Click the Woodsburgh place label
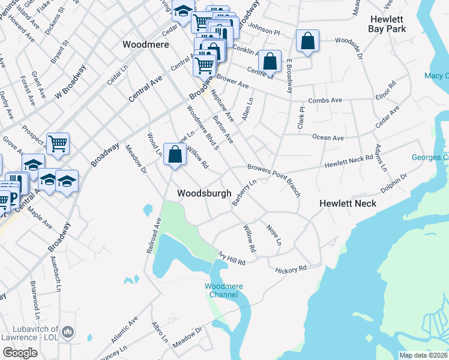[x=204, y=193]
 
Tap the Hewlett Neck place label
[x=348, y=203]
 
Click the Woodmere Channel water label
[x=221, y=290]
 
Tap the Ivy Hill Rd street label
[x=232, y=260]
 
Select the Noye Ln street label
[x=274, y=233]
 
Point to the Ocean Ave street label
[x=328, y=138]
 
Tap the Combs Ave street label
[x=325, y=100]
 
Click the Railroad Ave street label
[x=154, y=235]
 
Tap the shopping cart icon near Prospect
[x=58, y=143]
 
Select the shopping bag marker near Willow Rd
[x=174, y=155]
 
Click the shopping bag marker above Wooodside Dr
[x=307, y=41]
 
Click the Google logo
[x=20, y=353]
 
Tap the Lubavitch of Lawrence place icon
[x=67, y=332]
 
